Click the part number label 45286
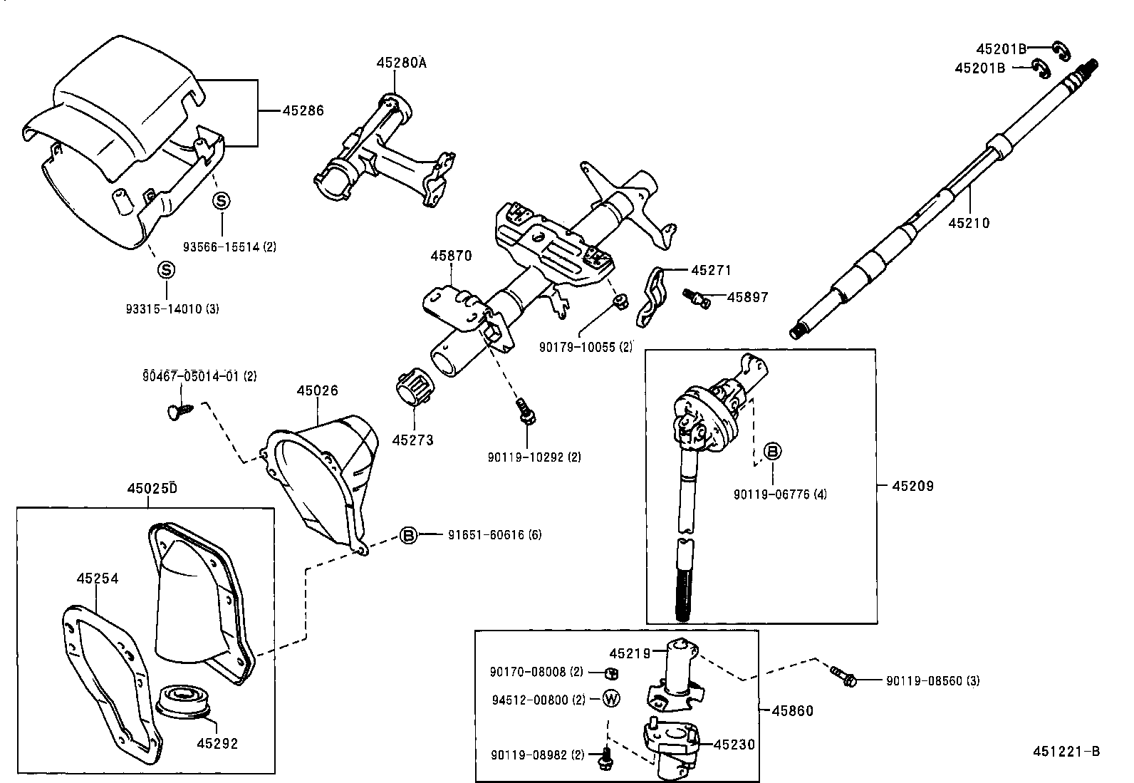pos(303,110)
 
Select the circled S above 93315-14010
pos(165,270)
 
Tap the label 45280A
pos(401,63)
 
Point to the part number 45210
pos(969,223)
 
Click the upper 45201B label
pos(1001,48)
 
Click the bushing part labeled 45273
pos(410,389)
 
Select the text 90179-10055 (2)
pos(586,347)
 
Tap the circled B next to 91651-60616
pos(408,535)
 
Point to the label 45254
pos(98,579)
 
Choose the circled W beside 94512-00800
pos(611,699)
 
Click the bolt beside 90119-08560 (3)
pos(843,676)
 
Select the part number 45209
pos(912,486)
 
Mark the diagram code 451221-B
pos(1066,751)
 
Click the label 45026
pos(318,390)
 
